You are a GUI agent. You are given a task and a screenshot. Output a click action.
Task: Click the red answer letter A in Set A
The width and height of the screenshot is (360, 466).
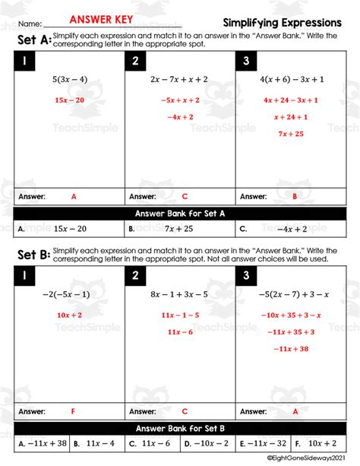[x=74, y=196]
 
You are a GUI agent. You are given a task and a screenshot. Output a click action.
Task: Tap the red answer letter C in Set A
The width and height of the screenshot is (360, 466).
[x=185, y=196]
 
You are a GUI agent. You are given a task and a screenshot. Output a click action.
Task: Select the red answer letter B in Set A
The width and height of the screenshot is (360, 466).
[x=294, y=196]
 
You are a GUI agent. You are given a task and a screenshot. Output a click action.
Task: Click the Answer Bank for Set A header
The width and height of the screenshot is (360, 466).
[x=180, y=214]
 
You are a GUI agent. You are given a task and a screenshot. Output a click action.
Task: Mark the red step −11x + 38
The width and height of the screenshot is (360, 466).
[x=292, y=349]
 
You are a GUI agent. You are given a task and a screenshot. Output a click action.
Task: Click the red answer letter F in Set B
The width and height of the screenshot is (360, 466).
[x=74, y=411]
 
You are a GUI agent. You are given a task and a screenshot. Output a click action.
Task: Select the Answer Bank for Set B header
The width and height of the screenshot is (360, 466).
[x=180, y=428]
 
